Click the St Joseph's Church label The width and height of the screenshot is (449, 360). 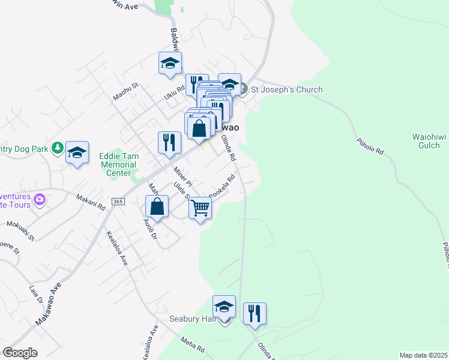(286, 89)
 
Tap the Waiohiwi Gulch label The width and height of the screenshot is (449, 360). (430, 141)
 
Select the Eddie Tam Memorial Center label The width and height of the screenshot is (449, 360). (119, 164)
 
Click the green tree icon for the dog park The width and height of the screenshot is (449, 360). (57, 147)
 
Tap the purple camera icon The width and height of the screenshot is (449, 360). (40, 199)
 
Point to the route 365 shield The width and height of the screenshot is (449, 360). (118, 202)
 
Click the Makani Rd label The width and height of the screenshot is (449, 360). (91, 202)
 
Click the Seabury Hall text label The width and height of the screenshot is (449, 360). (192, 319)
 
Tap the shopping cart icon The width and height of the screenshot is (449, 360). (200, 208)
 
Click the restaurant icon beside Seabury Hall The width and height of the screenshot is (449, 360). (255, 313)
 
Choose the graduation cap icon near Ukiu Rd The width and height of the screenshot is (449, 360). (170, 62)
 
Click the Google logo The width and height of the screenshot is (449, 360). (20, 353)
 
